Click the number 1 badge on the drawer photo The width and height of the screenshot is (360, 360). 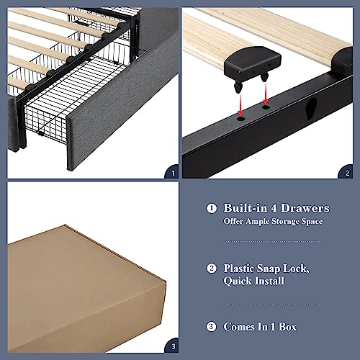(171, 173)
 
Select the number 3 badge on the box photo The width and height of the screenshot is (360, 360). (171, 346)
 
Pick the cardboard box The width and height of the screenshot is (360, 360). (79, 281)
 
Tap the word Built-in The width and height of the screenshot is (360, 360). (248, 208)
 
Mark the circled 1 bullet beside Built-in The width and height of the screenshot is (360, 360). (211, 208)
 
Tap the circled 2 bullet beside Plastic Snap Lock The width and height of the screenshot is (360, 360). (211, 267)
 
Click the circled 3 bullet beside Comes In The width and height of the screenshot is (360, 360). (211, 326)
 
